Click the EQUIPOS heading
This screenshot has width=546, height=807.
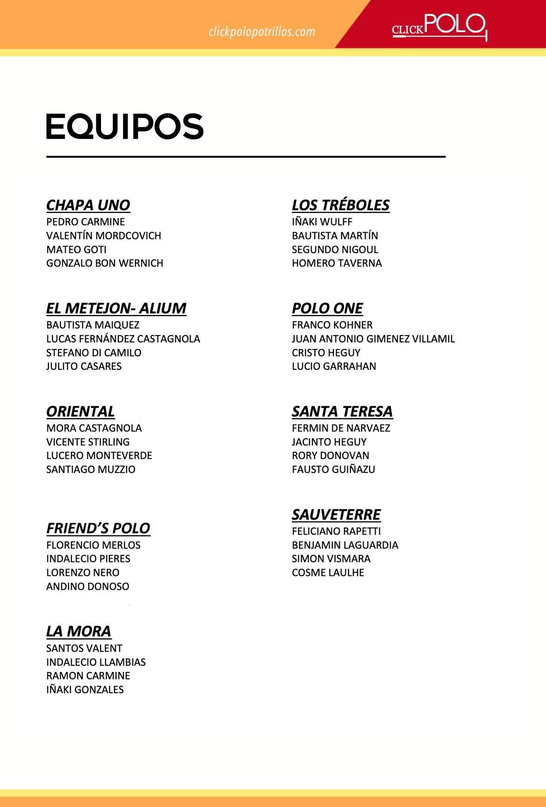(125, 126)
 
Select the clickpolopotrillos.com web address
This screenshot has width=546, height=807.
(262, 32)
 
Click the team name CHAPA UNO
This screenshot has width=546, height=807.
(88, 205)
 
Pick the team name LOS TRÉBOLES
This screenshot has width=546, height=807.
(340, 205)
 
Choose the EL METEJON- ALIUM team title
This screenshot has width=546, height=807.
(116, 308)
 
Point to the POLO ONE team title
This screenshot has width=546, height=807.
(327, 308)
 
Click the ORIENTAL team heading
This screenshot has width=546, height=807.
(80, 411)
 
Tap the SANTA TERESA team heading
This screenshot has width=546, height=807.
(342, 411)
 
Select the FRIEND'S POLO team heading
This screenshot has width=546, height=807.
(98, 528)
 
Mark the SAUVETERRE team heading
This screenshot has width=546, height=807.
(336, 514)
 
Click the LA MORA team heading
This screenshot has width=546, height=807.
(79, 631)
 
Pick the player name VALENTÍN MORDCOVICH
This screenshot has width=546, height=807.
(104, 236)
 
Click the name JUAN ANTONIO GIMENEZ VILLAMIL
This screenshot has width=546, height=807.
(373, 339)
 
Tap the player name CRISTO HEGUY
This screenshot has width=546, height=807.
(326, 353)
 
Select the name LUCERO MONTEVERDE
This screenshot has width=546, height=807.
(99, 456)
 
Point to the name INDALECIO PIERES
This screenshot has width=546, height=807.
(88, 559)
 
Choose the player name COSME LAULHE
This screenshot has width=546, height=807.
(328, 573)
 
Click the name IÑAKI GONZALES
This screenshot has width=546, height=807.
(85, 690)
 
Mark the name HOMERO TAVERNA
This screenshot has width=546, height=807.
(337, 263)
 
